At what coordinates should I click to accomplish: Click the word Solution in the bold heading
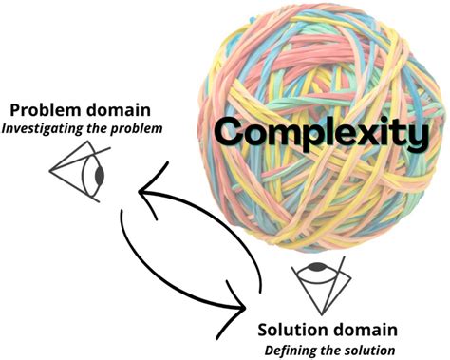point(295,331)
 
